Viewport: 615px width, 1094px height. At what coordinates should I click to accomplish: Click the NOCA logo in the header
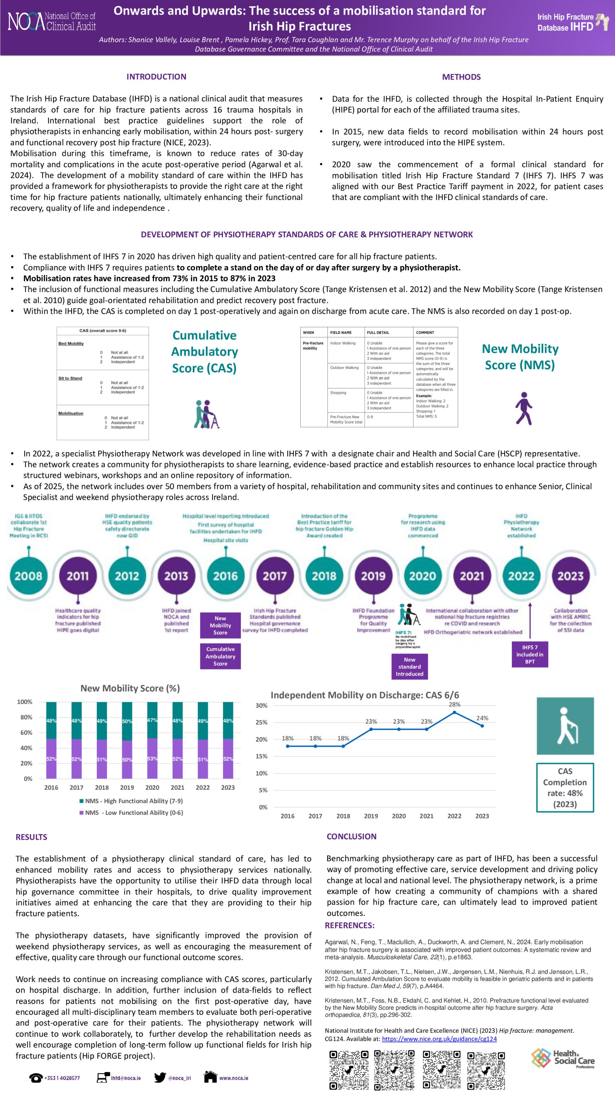[x=51, y=21]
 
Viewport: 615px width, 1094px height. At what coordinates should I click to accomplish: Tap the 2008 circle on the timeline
[x=29, y=576]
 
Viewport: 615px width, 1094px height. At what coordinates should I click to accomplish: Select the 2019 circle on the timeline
[x=373, y=576]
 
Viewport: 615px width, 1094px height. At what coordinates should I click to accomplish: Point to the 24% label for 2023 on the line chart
[x=482, y=718]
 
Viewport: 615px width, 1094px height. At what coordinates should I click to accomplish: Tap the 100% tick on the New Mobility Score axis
[x=25, y=702]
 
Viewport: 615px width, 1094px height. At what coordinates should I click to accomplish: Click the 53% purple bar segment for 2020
[x=152, y=758]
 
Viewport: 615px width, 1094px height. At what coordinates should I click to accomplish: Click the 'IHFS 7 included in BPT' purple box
[x=530, y=654]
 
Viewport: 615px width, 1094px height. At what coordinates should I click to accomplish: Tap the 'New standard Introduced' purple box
[x=410, y=666]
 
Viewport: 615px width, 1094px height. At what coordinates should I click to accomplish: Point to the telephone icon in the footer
[x=36, y=1077]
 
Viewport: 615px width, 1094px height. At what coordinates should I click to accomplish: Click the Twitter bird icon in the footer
[x=160, y=1077]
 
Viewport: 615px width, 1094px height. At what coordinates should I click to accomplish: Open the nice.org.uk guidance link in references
[x=439, y=1039]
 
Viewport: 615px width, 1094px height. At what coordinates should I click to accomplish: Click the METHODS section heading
[x=461, y=77]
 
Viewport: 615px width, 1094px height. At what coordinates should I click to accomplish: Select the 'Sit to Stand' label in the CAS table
[x=70, y=378]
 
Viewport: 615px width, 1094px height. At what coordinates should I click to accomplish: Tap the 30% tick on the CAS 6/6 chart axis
[x=261, y=705]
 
